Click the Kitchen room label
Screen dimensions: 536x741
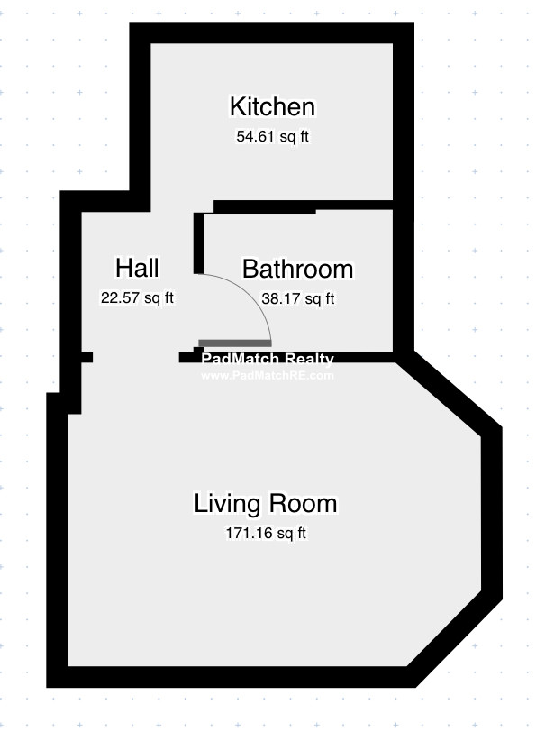(x=272, y=106)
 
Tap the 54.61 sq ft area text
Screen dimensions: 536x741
(x=272, y=137)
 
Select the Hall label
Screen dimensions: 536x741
(x=137, y=268)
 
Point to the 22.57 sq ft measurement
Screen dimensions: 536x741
(x=137, y=297)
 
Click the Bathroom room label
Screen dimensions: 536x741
(x=297, y=269)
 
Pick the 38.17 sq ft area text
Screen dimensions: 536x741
(x=298, y=298)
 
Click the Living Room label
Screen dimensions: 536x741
(x=266, y=503)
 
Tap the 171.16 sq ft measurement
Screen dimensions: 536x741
(x=266, y=533)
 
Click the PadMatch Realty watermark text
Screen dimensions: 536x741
(x=268, y=359)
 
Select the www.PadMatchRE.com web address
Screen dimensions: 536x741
(x=268, y=376)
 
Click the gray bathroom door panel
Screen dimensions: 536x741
(x=235, y=343)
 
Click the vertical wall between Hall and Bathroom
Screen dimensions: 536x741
(x=198, y=242)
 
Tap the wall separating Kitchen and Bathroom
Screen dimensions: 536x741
(x=304, y=206)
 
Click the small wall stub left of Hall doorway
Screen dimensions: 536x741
(x=86, y=357)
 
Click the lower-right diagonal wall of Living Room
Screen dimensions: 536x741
(x=454, y=638)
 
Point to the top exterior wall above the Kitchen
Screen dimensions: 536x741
(x=271, y=32)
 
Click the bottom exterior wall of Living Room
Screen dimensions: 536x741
(x=232, y=677)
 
